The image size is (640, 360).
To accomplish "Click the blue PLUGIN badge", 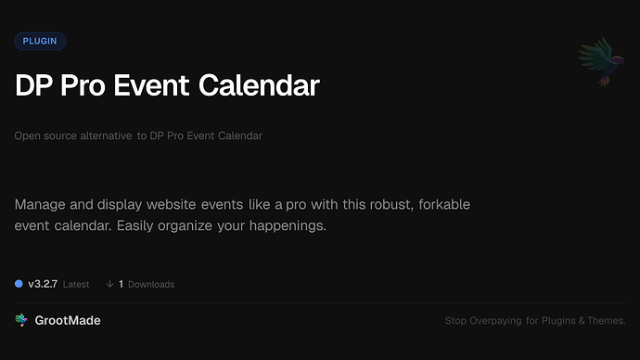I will [40, 41].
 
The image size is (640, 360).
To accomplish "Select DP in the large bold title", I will [32, 86].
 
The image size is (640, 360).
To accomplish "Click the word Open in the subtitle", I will [26, 136].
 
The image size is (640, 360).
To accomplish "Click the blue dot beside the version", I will [19, 284].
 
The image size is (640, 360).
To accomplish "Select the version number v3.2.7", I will [43, 284].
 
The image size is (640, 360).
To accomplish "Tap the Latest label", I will [76, 284].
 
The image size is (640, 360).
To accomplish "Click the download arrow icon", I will [109, 284].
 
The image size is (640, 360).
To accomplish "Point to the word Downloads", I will [151, 284].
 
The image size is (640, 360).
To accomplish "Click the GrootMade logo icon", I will [21, 320].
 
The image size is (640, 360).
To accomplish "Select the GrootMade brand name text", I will [69, 320].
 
